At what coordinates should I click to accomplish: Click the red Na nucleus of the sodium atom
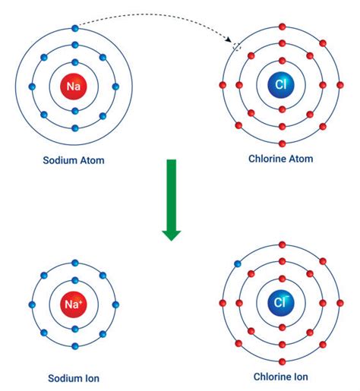pos(74,87)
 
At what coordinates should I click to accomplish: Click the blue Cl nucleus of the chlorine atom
pos(282,85)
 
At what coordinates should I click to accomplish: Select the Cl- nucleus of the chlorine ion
pos(282,304)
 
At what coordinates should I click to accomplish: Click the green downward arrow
pos(172,200)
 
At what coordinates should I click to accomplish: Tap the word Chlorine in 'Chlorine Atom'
pos(267,159)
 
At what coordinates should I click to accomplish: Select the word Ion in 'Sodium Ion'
pos(93,378)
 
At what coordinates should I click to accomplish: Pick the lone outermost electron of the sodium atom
pos(74,28)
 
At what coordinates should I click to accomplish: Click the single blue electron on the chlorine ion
pos(237,265)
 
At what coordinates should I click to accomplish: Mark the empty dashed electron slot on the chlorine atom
pos(237,47)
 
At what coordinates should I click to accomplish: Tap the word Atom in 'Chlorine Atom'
pos(301,159)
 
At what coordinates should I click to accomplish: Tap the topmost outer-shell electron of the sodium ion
pos(74,263)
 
